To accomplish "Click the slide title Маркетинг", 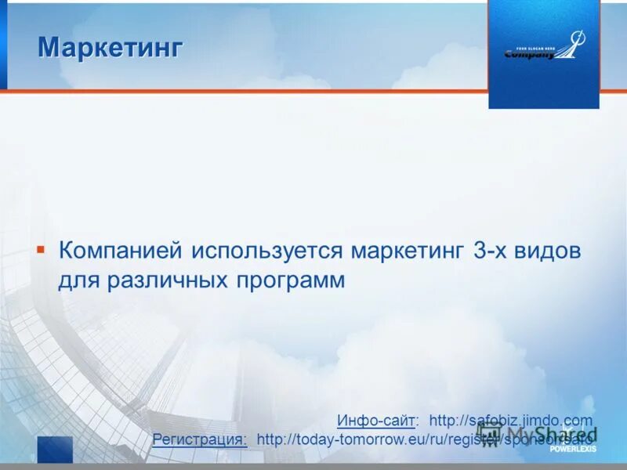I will point(111,48).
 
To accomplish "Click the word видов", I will point(553,251).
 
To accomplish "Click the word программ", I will point(286,280).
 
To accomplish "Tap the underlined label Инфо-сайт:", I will point(378,421).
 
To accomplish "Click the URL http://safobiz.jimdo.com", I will point(511,421).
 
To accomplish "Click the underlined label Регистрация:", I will point(200,439).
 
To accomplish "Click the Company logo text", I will point(530,55).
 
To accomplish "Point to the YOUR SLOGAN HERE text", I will point(530,47).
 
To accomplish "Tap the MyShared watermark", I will point(541,433).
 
